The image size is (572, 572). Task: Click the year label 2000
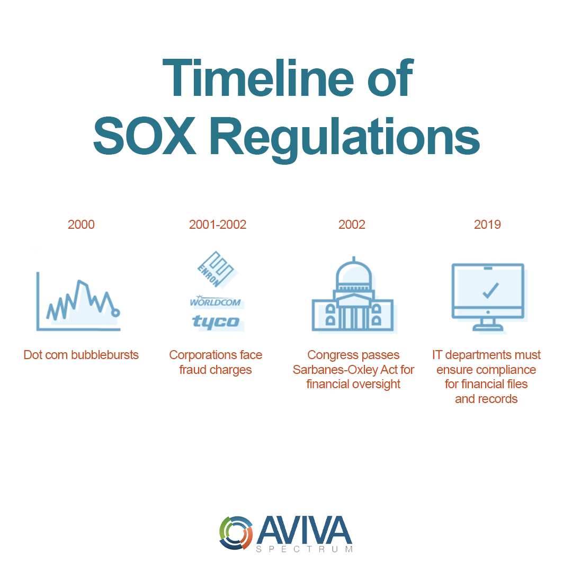point(81,225)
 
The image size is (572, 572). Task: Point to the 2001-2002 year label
point(218,225)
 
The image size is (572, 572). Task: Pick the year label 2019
point(487,225)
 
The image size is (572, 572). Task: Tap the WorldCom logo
point(216,302)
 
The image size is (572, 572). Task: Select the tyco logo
point(216,321)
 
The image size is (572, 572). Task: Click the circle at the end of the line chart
point(115,313)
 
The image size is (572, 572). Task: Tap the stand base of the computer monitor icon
point(488,328)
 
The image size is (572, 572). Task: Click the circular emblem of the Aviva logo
point(236,532)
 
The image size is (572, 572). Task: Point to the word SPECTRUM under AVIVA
point(304,550)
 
